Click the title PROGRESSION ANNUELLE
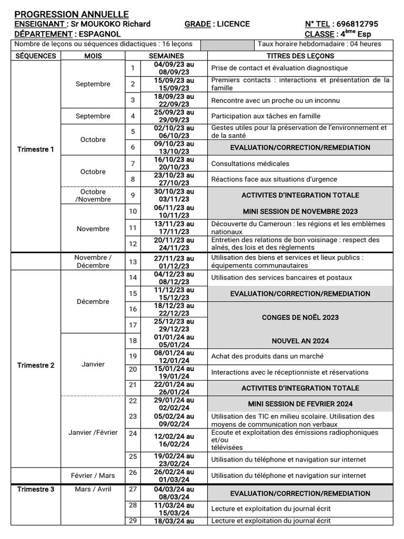tap(72, 14)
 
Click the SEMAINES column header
tap(166, 56)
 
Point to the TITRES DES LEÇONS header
tap(300, 56)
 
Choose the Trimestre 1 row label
tap(36, 149)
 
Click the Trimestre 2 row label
tap(36, 365)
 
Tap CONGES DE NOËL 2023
tap(300, 317)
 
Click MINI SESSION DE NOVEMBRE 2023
tap(300, 212)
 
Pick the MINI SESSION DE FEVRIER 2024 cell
tap(300, 404)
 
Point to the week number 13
tap(133, 262)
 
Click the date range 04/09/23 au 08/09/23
tap(174, 68)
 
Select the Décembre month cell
tap(93, 302)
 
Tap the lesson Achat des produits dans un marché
tap(267, 356)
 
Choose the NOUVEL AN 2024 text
tap(300, 341)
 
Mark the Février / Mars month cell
tap(93, 475)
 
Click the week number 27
tap(133, 489)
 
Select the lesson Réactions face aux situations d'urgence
tap(267, 179)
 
